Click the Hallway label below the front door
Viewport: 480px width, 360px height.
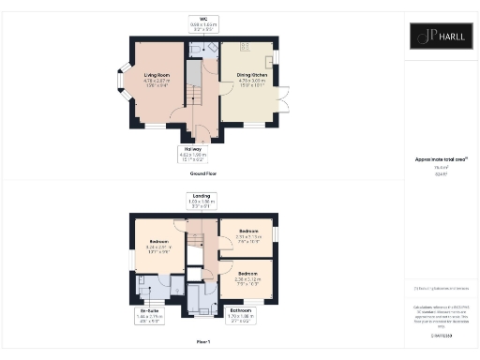point(191,154)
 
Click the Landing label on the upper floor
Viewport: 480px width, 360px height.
point(202,200)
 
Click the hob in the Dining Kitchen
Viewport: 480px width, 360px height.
point(246,46)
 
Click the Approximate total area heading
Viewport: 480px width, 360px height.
point(441,161)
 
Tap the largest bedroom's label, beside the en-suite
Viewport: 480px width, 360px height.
point(157,248)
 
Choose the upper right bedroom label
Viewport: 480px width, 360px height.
point(248,233)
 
